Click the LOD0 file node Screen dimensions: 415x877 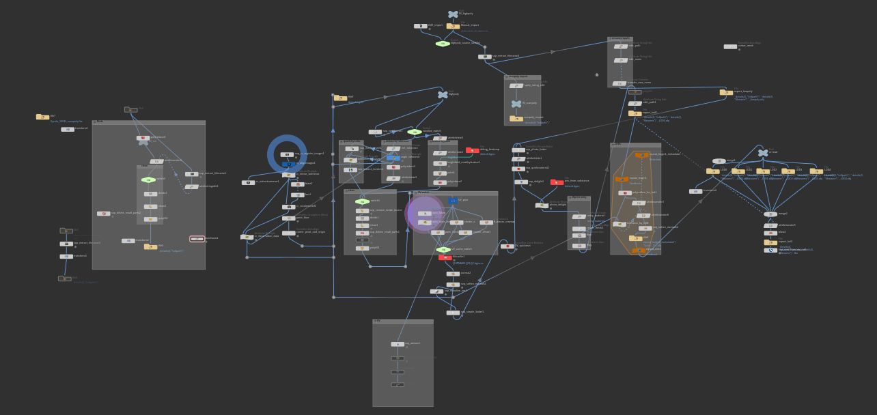[x=712, y=171]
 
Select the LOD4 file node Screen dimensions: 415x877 [x=816, y=171]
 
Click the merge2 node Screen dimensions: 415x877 [x=770, y=214]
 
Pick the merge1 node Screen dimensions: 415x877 [x=719, y=161]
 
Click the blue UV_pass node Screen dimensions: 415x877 [x=452, y=201]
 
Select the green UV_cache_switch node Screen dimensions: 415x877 [x=443, y=250]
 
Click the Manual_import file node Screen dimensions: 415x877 [x=453, y=26]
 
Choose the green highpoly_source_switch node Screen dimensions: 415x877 [x=443, y=44]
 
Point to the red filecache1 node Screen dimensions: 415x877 [x=445, y=257]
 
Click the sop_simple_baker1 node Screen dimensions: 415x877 [x=453, y=313]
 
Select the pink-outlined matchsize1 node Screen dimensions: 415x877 [x=197, y=239]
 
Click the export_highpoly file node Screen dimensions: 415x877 [x=726, y=92]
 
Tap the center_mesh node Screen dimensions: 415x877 [x=730, y=46]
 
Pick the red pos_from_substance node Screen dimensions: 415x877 [x=557, y=182]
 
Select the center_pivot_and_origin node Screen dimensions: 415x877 [x=289, y=233]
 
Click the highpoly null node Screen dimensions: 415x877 [x=443, y=95]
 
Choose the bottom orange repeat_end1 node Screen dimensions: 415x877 [x=638, y=251]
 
